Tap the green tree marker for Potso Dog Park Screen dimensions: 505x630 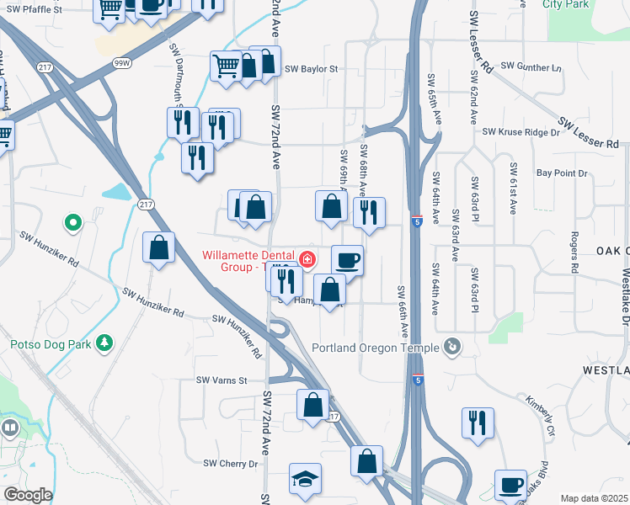104,343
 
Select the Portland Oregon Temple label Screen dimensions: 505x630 375,348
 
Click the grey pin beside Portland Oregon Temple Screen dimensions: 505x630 452,346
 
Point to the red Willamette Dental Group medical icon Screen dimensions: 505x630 307,258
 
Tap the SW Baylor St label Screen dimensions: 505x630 311,69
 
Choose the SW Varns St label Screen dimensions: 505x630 221,380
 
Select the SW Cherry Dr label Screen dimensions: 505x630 231,464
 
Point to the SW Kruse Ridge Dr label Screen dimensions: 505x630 521,132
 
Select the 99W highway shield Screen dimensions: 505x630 121,62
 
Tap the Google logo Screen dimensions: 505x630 28,495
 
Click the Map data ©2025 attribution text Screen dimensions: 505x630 595,498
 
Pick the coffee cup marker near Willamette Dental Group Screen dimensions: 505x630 347,260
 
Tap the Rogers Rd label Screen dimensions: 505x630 574,252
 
